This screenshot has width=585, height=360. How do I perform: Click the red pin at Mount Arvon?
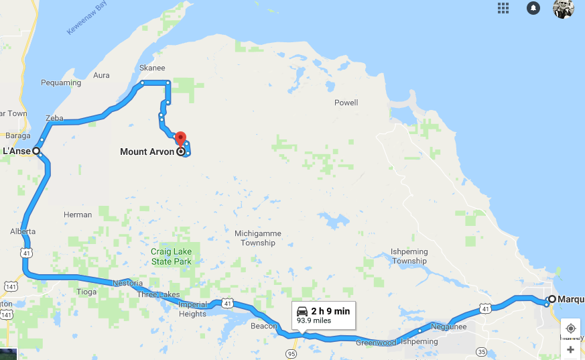coord(180,138)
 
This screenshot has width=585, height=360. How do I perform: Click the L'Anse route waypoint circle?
coord(36,151)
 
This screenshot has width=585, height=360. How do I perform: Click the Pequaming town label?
coord(61,83)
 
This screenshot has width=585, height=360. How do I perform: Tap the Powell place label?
coord(346,103)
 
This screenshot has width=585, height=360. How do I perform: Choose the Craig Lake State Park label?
coord(171,256)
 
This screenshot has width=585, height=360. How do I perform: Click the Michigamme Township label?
coord(258,238)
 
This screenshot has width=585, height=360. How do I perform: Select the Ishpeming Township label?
coord(409,256)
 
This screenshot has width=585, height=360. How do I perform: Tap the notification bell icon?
coord(533,8)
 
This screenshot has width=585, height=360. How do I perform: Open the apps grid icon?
coord(503,8)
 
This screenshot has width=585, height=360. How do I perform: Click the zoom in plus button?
coord(570,349)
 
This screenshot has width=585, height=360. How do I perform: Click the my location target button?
coord(570,328)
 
